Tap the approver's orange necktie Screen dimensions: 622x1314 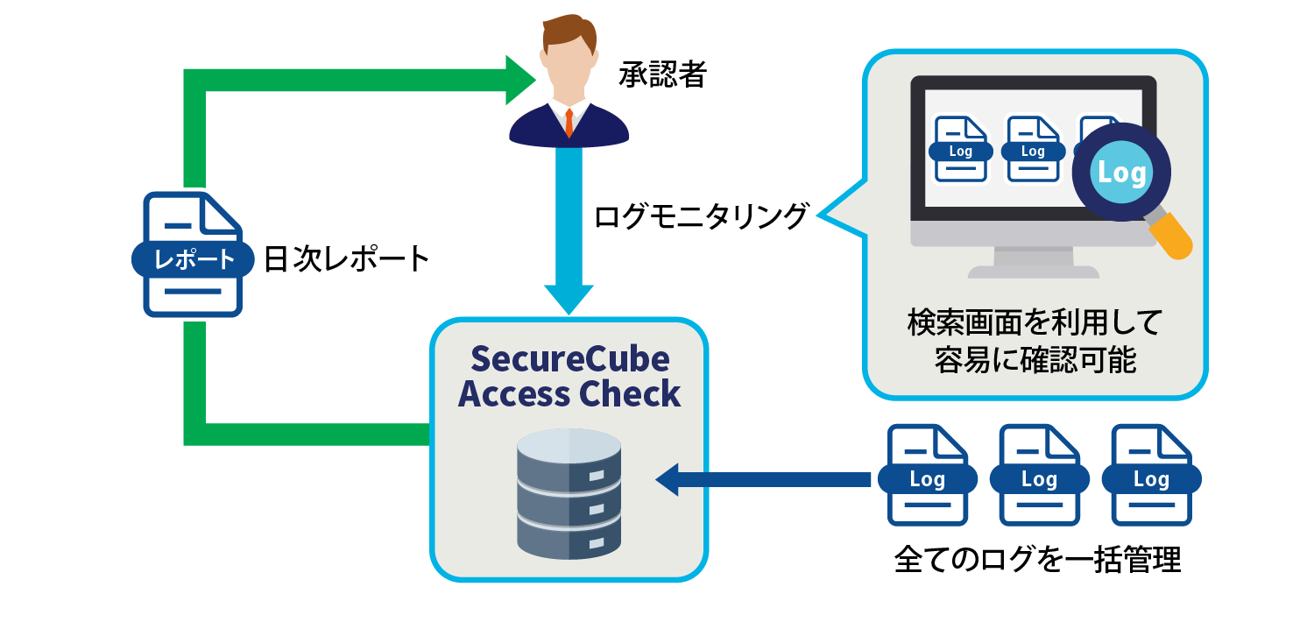[569, 122]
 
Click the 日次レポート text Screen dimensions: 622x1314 [347, 259]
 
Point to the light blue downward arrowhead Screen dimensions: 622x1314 [569, 298]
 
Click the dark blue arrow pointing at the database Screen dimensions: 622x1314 [762, 479]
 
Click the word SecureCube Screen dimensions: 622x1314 [569, 358]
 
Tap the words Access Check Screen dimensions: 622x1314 [569, 393]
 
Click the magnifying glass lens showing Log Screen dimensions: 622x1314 [1121, 172]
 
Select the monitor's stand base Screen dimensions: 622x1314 [1034, 271]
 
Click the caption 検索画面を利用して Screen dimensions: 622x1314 [1034, 323]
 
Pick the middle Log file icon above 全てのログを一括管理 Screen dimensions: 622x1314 [1039, 476]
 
